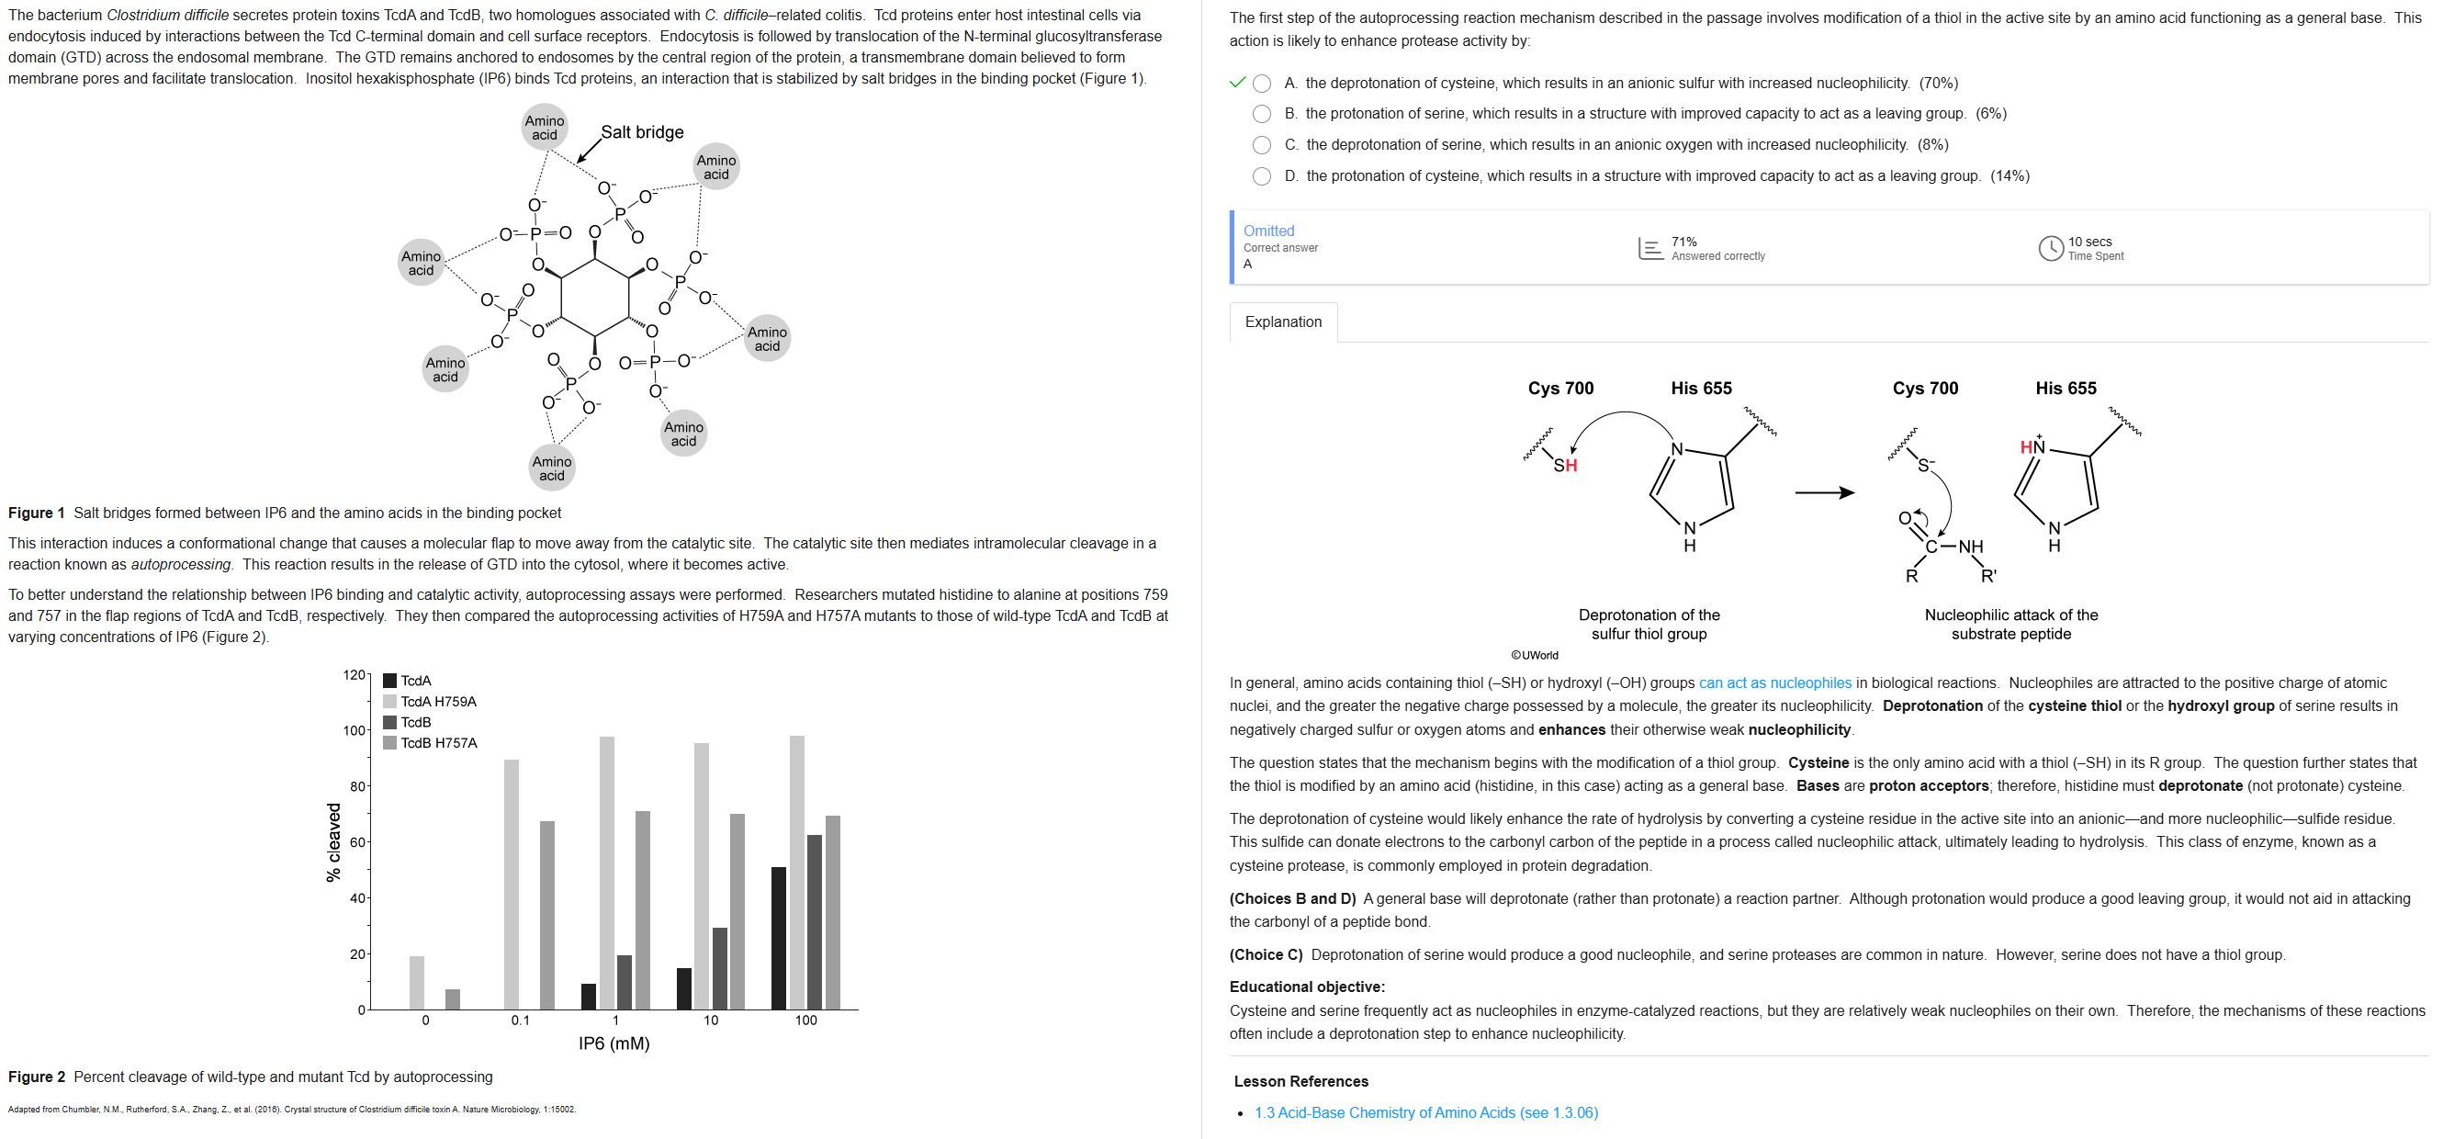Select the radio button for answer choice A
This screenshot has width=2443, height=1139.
[1261, 84]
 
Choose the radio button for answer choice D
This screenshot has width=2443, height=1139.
[1261, 176]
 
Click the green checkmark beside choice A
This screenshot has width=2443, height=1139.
[1237, 83]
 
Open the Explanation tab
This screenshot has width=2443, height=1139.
[1282, 321]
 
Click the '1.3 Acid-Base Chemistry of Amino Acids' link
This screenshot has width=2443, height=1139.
[1425, 1112]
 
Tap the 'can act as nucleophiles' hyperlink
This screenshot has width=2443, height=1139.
[1774, 682]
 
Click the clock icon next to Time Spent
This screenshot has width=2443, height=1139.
[2050, 249]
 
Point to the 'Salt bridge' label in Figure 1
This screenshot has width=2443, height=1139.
[642, 132]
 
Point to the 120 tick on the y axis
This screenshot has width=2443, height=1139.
[353, 675]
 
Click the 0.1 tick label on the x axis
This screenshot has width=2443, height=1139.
[520, 1021]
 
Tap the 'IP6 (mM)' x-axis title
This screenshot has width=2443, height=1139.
[614, 1043]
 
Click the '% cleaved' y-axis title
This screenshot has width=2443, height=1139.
[332, 842]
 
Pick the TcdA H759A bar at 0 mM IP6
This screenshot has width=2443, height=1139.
[416, 982]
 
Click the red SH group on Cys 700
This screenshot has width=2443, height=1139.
[1565, 465]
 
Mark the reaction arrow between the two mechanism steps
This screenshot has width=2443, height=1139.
[1824, 492]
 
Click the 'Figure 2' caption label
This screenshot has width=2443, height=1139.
[37, 1077]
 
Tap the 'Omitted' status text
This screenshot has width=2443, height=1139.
[1268, 231]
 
